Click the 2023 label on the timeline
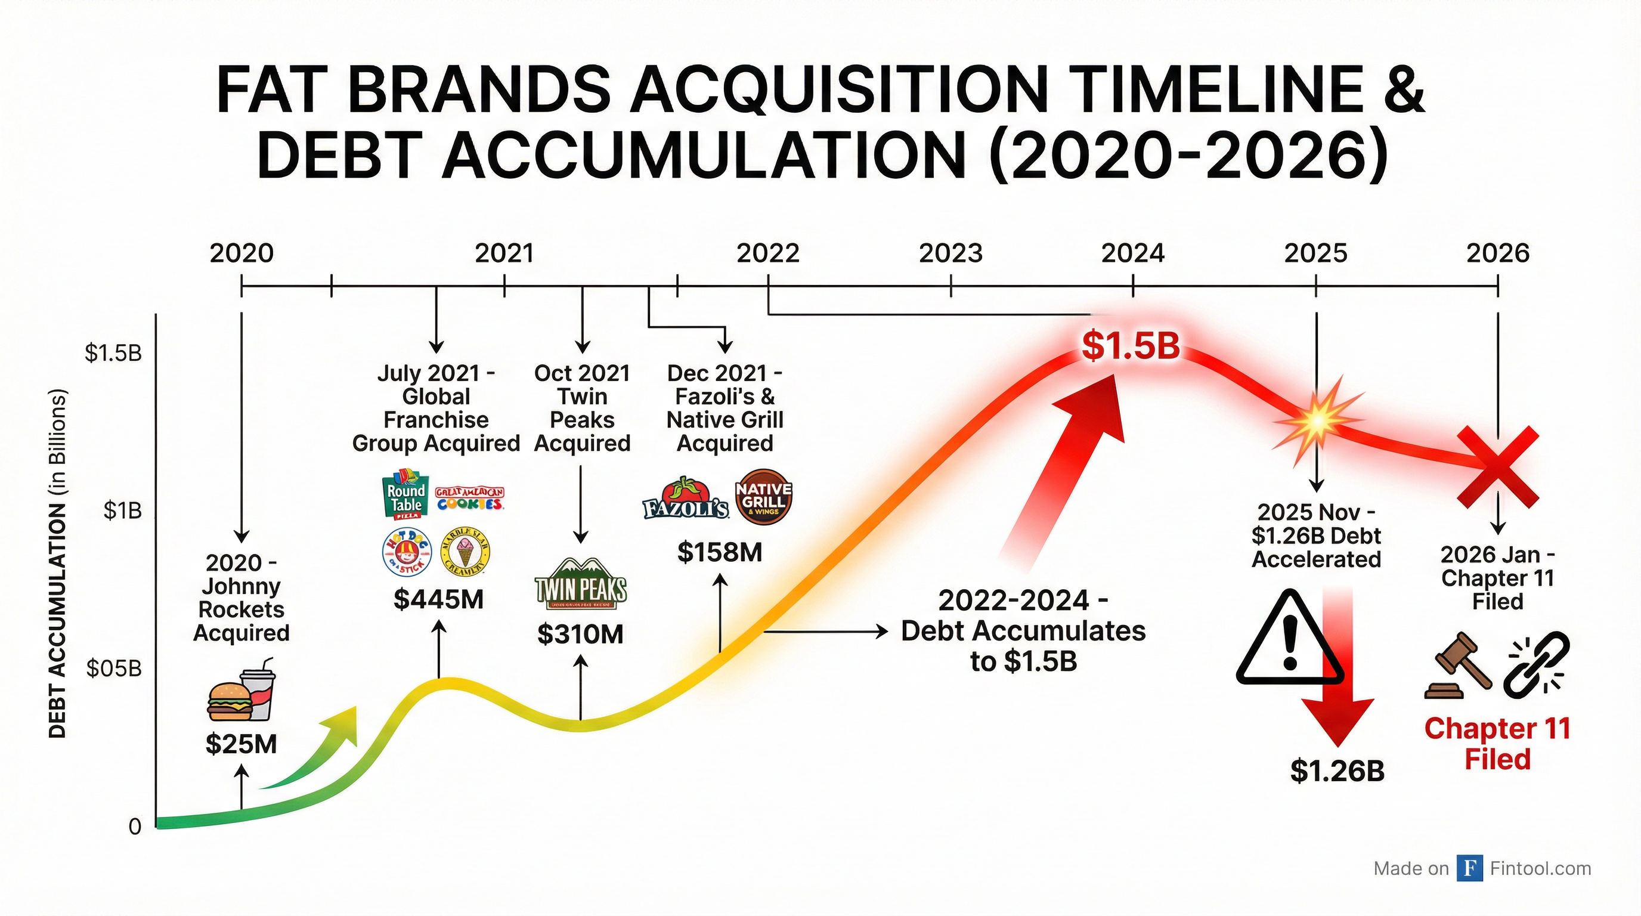pyautogui.click(x=950, y=253)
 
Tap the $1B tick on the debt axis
pyautogui.click(x=122, y=511)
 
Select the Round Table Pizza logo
pyautogui.click(x=406, y=494)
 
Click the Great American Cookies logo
pyautogui.click(x=469, y=498)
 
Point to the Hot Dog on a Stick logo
pyautogui.click(x=407, y=552)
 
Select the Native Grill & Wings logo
pyautogui.click(x=764, y=497)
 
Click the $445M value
pyautogui.click(x=438, y=599)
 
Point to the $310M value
pyautogui.click(x=580, y=635)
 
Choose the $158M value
pyautogui.click(x=720, y=552)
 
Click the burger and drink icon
pyautogui.click(x=241, y=691)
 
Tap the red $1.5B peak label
pyautogui.click(x=1131, y=346)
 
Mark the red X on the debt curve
pyautogui.click(x=1498, y=468)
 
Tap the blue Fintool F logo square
pyautogui.click(x=1470, y=868)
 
